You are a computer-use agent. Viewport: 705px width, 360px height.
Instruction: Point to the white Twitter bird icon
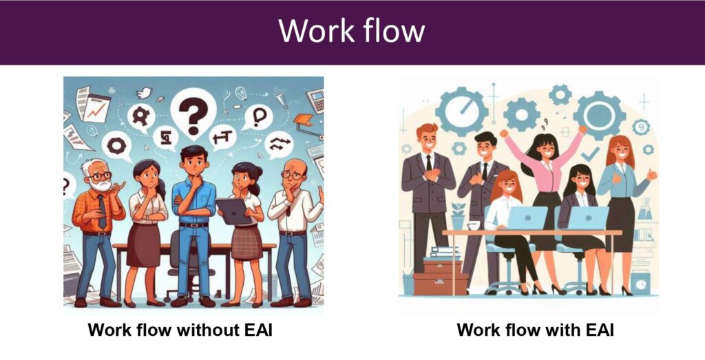pyautogui.click(x=145, y=93)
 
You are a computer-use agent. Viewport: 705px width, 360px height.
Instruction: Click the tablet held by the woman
pyautogui.click(x=234, y=211)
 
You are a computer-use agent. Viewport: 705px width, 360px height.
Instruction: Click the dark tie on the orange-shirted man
pyautogui.click(x=103, y=211)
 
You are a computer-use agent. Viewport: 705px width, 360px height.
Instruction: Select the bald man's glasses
pyautogui.click(x=291, y=174)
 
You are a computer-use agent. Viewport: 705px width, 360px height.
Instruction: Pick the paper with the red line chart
pyautogui.click(x=96, y=109)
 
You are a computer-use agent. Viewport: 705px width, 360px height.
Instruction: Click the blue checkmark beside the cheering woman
pyautogui.click(x=590, y=154)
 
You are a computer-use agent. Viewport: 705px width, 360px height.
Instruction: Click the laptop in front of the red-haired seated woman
pyautogui.click(x=527, y=218)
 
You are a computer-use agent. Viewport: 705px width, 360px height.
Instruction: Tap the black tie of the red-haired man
pyautogui.click(x=429, y=162)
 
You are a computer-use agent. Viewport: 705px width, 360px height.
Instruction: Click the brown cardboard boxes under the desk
pyautogui.click(x=441, y=277)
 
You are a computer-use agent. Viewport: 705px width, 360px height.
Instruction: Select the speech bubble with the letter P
pyautogui.click(x=260, y=118)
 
